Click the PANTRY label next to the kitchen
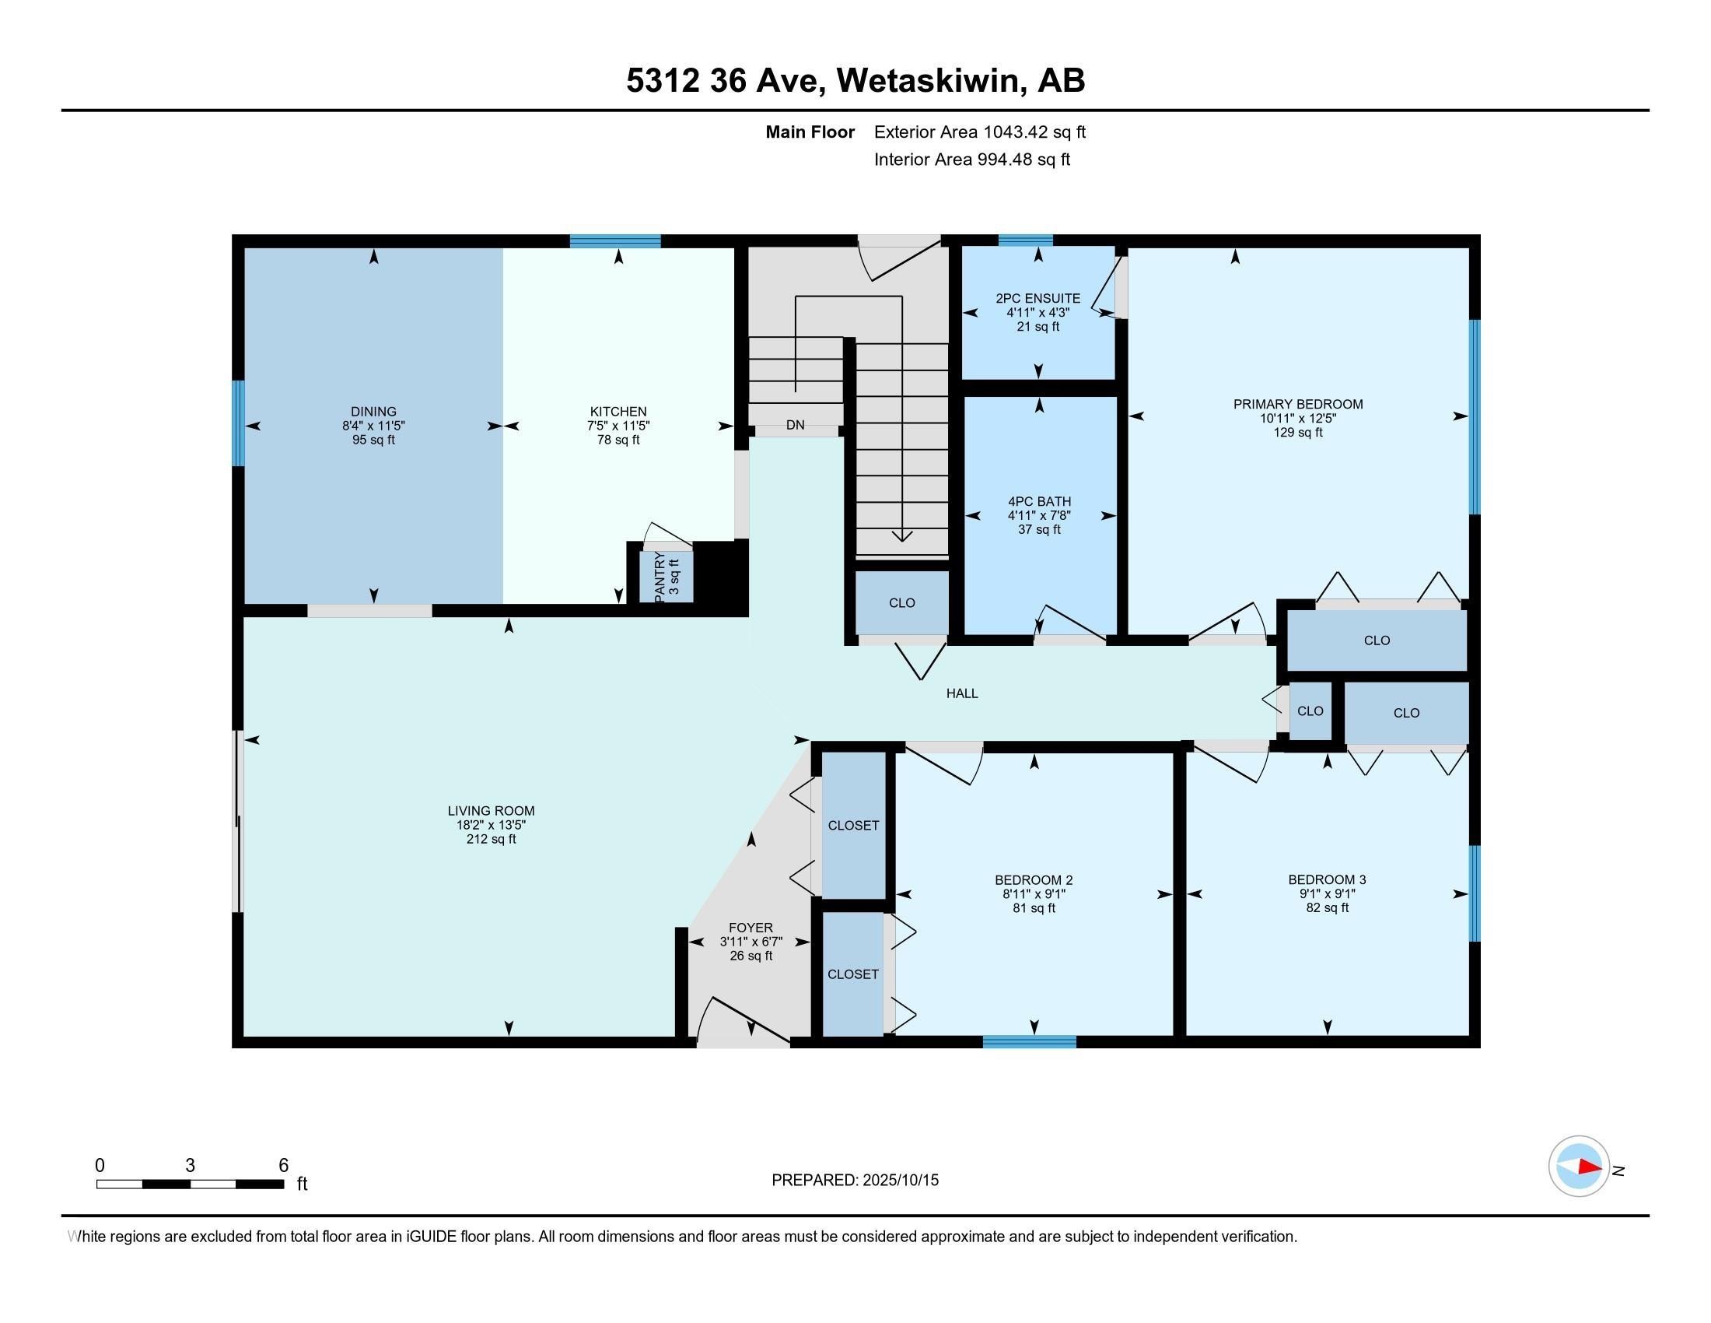click(x=660, y=577)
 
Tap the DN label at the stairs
click(x=795, y=426)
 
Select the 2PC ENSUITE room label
click(x=1038, y=299)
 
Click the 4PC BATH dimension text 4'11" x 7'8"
click(x=1039, y=516)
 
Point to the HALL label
click(x=962, y=693)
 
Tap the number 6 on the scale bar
click(x=284, y=1166)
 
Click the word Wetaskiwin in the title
click(x=932, y=81)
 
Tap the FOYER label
click(x=751, y=928)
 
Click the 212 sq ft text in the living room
click(x=492, y=840)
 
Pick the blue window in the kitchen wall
click(x=615, y=241)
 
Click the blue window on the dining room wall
click(x=238, y=423)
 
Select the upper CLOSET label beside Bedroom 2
click(x=853, y=825)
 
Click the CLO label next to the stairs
click(x=901, y=602)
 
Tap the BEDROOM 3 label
click(x=1327, y=879)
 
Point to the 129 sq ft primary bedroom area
click(x=1297, y=433)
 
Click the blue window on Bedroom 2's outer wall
click(x=1030, y=1041)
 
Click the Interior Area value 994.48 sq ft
click(x=1023, y=160)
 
